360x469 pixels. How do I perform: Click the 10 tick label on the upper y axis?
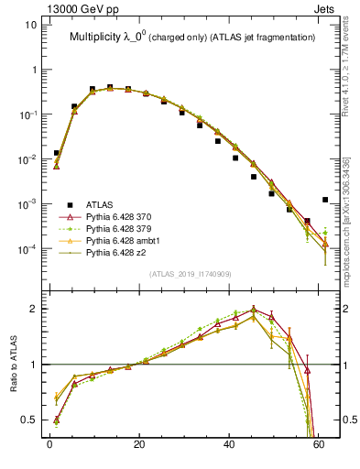pyautogui.click(x=31, y=25)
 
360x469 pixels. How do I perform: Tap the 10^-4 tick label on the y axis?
pyautogui.click(x=28, y=249)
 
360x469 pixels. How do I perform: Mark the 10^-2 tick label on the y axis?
pyautogui.click(x=28, y=159)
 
